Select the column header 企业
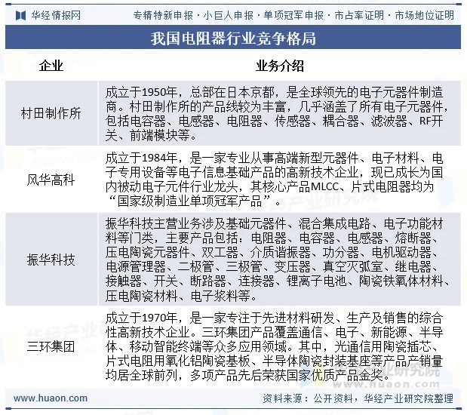pyautogui.click(x=51, y=65)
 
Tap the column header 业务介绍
pyautogui.click(x=280, y=65)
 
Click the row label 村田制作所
pyautogui.click(x=51, y=114)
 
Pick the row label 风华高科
pyautogui.click(x=51, y=180)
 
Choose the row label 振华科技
pyautogui.click(x=51, y=260)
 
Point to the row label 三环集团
pyautogui.click(x=51, y=347)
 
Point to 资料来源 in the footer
pyautogui.click(x=281, y=398)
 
